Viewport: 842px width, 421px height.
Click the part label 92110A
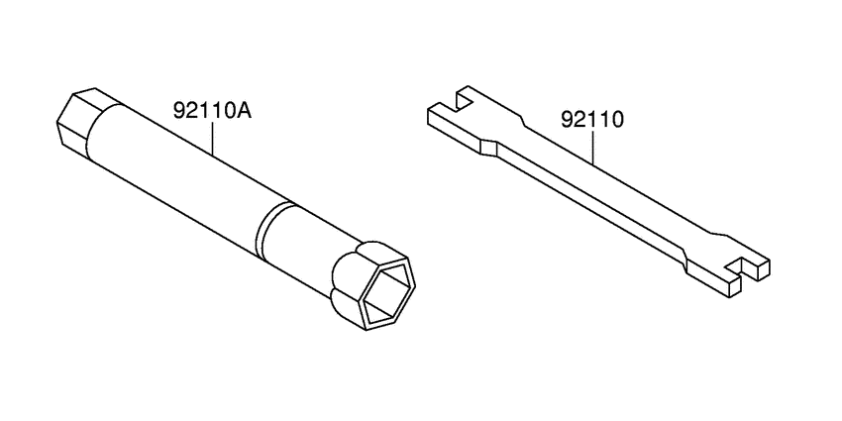click(x=213, y=111)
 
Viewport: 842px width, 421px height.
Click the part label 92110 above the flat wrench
click(x=592, y=119)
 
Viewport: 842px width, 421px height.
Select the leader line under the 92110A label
click(x=213, y=138)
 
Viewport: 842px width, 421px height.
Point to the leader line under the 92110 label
click(x=592, y=146)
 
